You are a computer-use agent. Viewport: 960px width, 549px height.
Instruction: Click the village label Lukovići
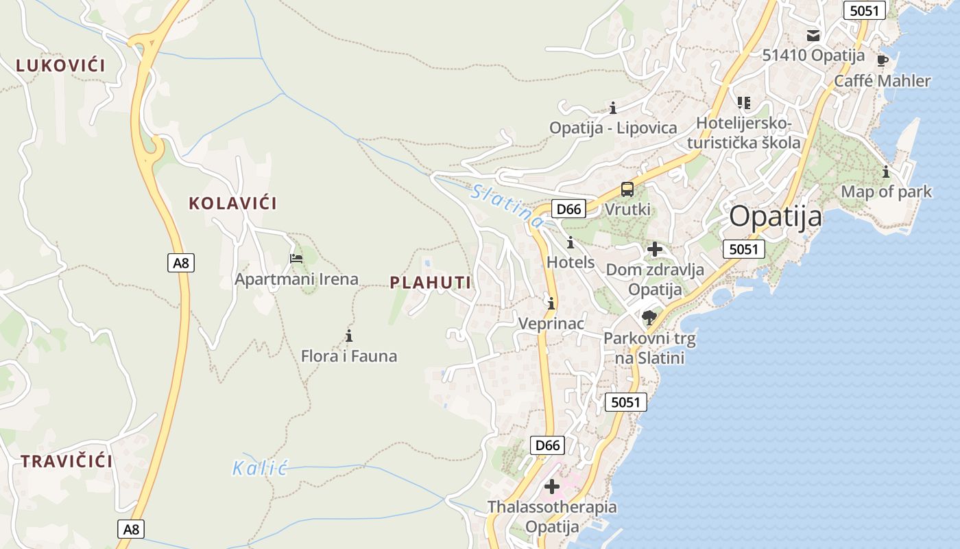[60, 66]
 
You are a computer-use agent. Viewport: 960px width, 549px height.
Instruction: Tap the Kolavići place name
[232, 203]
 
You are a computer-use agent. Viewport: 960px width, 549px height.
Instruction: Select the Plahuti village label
[431, 282]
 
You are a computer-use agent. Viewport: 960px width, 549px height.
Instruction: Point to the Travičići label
[67, 461]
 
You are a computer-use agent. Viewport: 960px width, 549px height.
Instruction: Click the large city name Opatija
[775, 216]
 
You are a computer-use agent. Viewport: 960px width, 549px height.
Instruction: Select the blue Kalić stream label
[259, 469]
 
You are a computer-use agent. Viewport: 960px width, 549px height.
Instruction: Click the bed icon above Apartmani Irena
[296, 259]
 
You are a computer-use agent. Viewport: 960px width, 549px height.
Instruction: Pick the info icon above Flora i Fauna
[349, 336]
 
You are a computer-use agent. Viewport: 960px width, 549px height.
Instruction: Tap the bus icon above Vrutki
[627, 189]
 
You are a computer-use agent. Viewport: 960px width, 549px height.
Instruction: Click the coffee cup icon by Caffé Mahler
[882, 60]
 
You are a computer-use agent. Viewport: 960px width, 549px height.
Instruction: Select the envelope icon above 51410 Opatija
[813, 35]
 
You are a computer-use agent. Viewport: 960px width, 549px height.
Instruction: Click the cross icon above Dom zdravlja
[655, 249]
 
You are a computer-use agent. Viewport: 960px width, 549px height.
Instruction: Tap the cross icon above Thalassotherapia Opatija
[551, 487]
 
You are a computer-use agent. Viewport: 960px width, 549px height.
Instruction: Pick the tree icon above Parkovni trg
[649, 317]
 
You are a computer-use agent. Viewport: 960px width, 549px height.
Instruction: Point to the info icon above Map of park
[886, 172]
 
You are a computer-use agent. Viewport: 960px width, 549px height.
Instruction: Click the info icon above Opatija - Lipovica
[613, 108]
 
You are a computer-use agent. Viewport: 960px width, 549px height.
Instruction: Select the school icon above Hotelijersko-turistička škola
[744, 103]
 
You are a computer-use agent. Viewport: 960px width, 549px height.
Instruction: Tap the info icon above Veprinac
[551, 303]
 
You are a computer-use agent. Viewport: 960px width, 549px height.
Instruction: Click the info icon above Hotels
[571, 242]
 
